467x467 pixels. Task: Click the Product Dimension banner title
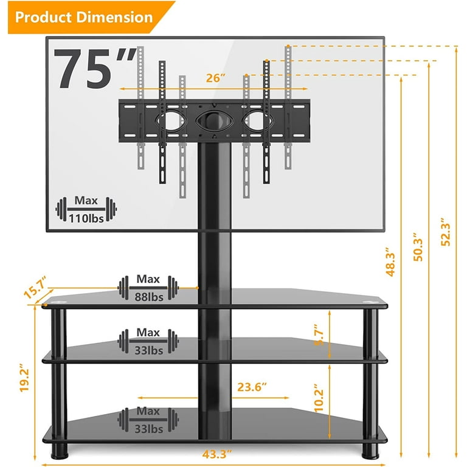84,16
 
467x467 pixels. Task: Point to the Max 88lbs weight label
148,288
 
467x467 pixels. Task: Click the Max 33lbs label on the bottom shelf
148,420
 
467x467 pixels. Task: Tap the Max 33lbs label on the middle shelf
148,341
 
